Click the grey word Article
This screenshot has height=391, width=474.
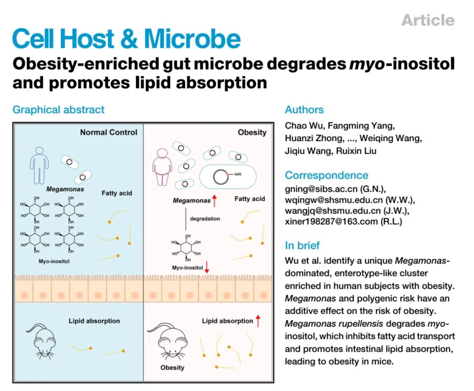(428, 20)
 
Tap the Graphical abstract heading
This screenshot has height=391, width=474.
(58, 109)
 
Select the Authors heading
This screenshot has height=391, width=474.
(304, 109)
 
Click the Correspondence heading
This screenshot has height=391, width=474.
(327, 175)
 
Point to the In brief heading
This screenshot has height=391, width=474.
(302, 245)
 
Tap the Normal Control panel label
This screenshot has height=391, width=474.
(108, 132)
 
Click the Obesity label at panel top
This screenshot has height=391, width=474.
(252, 132)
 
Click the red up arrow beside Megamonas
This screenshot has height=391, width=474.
(215, 201)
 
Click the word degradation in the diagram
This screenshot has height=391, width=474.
(205, 218)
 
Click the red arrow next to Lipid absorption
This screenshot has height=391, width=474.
(258, 321)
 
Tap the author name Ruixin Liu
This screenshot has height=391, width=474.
(345, 151)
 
